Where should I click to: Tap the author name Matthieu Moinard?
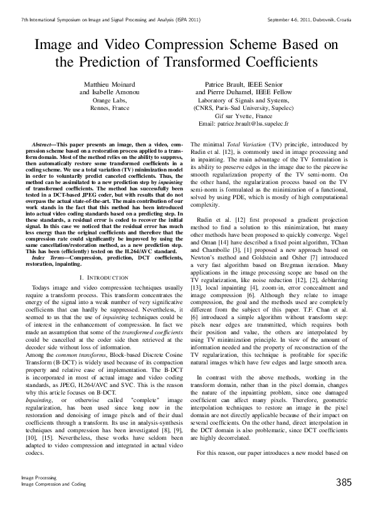[x=110, y=84]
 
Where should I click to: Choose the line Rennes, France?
[x=110, y=108]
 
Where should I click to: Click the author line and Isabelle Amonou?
[x=110, y=92]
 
